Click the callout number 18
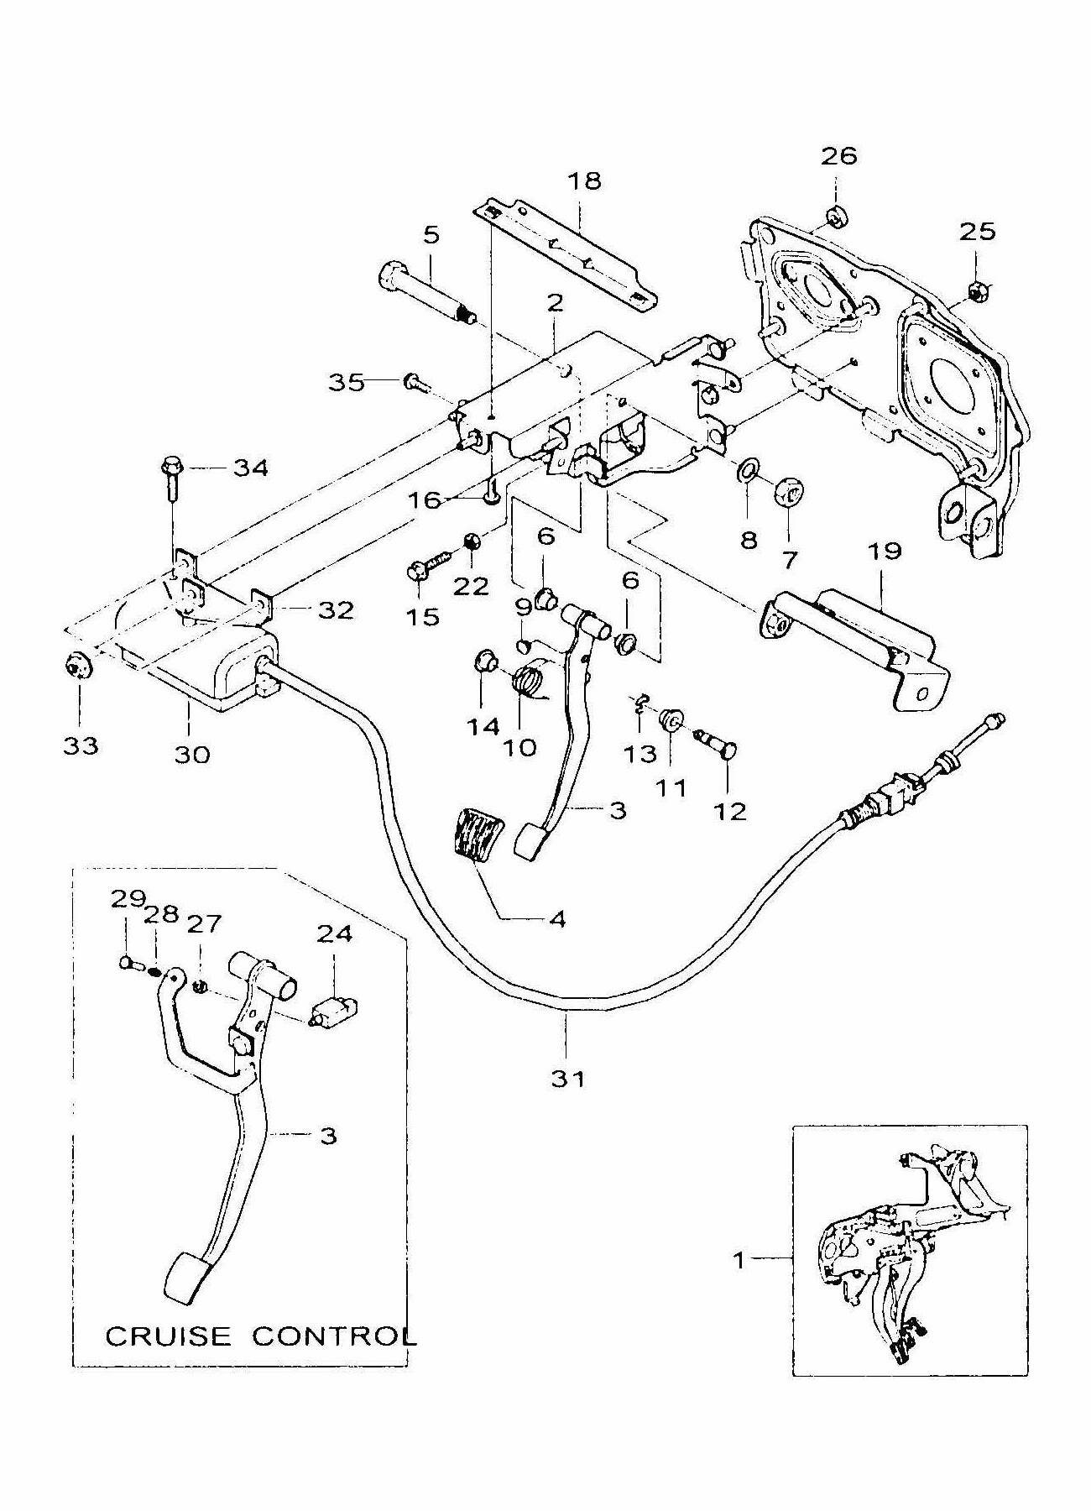pyautogui.click(x=585, y=180)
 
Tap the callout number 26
pyautogui.click(x=839, y=156)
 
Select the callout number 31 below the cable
pyautogui.click(x=567, y=1079)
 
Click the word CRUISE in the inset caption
pyautogui.click(x=167, y=1336)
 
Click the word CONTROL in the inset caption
pyautogui.click(x=334, y=1336)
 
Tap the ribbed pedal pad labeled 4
pyautogui.click(x=474, y=834)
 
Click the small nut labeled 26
pyautogui.click(x=835, y=217)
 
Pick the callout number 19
pyautogui.click(x=885, y=551)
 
